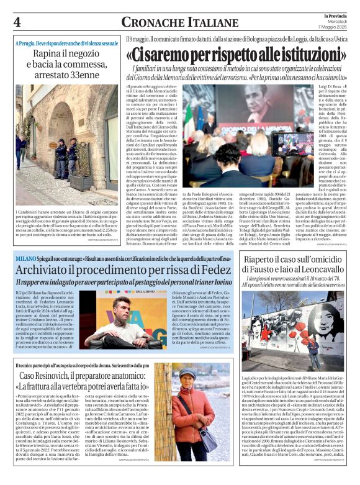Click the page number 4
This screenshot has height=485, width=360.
point(17,22)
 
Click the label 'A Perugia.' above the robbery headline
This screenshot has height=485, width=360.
point(29,44)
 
